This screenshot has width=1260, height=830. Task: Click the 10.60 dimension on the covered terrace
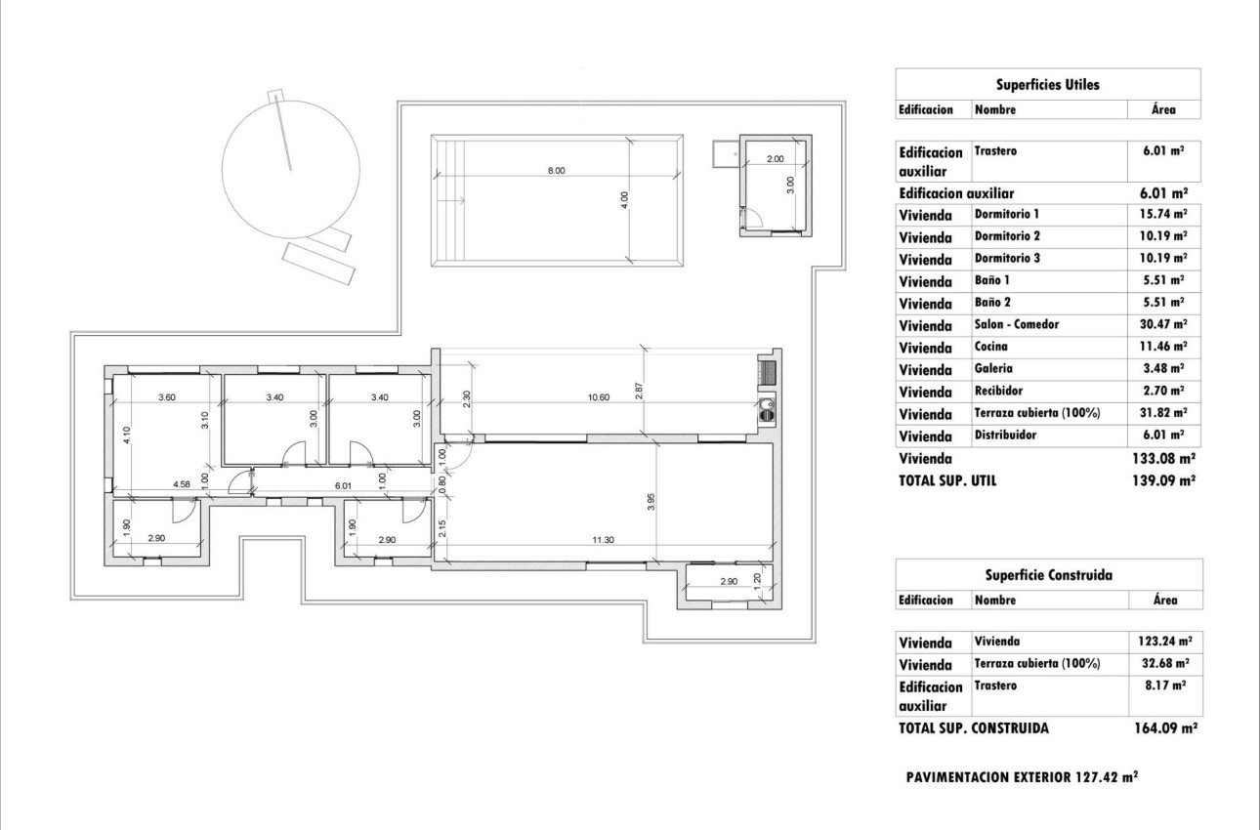(599, 397)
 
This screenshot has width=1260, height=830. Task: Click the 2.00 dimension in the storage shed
(775, 158)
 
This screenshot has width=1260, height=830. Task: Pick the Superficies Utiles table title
(1047, 85)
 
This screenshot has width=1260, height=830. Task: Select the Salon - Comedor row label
(1016, 324)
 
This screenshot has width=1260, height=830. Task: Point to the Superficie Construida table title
(1047, 576)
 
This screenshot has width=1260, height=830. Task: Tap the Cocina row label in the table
(991, 347)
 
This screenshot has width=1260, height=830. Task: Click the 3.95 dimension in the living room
(651, 501)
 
